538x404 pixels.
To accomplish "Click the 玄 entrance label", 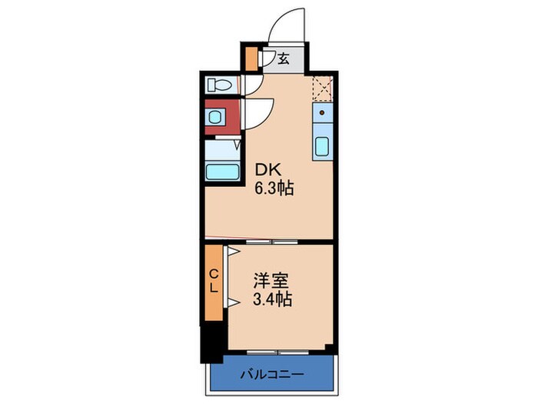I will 283,58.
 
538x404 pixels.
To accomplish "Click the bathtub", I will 223,170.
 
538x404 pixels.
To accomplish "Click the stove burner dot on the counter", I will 323,112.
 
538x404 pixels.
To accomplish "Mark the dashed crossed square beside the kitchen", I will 323,90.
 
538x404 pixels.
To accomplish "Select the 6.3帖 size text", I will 275,188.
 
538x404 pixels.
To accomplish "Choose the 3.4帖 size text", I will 271,300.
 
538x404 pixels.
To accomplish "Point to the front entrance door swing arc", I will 291,23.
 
